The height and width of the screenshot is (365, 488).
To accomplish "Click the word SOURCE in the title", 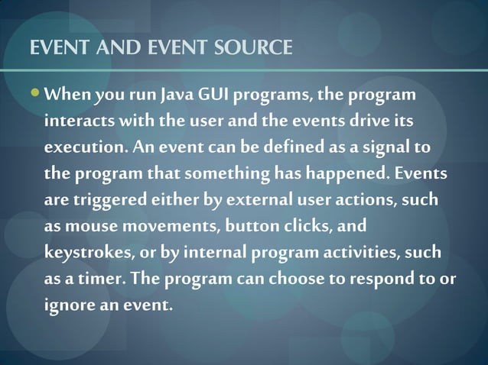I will (253, 49).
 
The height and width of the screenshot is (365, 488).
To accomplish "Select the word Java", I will (177, 96).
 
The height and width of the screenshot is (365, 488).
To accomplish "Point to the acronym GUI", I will (214, 96).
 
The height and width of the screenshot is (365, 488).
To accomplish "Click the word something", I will (226, 173).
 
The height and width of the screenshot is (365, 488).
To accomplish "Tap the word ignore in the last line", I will (71, 305).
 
